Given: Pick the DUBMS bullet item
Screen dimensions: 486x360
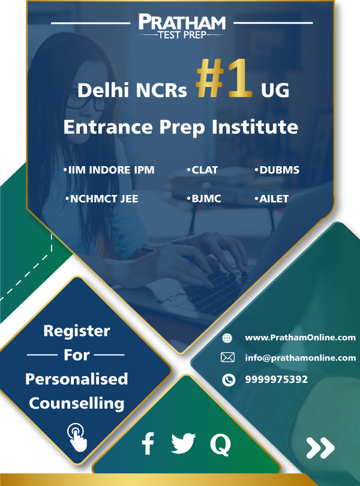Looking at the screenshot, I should (x=277, y=170).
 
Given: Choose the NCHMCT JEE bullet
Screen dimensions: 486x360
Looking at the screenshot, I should (x=102, y=199).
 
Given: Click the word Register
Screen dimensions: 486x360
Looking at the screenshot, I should (x=77, y=331).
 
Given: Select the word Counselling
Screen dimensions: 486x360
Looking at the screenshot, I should (x=77, y=403).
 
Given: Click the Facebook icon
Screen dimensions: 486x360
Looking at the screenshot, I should (x=148, y=445).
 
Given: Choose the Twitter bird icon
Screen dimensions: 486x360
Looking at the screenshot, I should (x=184, y=445).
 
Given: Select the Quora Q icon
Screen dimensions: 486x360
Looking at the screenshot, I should (x=220, y=445).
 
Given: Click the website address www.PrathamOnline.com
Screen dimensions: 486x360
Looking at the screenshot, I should (x=300, y=338).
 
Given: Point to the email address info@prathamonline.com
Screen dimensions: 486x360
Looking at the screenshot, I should (x=300, y=358).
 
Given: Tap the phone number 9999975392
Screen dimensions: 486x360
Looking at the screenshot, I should (x=276, y=379).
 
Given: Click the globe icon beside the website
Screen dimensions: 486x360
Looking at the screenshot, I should (x=227, y=338).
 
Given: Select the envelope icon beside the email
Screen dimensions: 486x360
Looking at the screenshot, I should (x=227, y=358).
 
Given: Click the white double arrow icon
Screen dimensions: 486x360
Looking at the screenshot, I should (x=320, y=448).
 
